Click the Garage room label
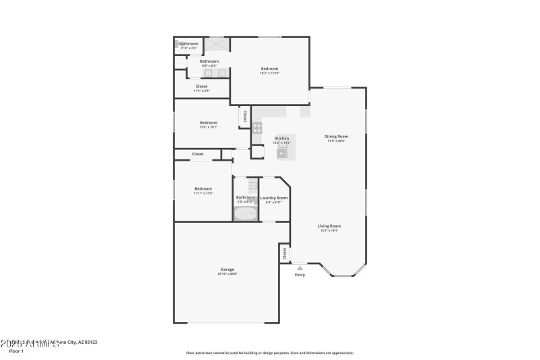[227, 269]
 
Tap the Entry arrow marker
[300, 268]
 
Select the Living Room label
[329, 226]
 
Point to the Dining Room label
[336, 136]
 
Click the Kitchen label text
[281, 138]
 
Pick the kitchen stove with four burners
[257, 126]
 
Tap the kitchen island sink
[281, 153]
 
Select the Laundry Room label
[274, 198]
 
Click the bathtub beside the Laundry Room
[246, 214]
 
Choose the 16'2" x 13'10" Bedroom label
[270, 69]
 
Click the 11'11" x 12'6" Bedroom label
[203, 188]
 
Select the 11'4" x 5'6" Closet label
[202, 86]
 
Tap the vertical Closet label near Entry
[284, 253]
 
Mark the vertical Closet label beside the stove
[244, 115]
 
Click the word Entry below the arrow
[300, 275]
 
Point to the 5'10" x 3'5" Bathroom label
[188, 44]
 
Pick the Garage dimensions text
[227, 274]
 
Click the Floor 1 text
[16, 351]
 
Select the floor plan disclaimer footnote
[270, 353]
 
